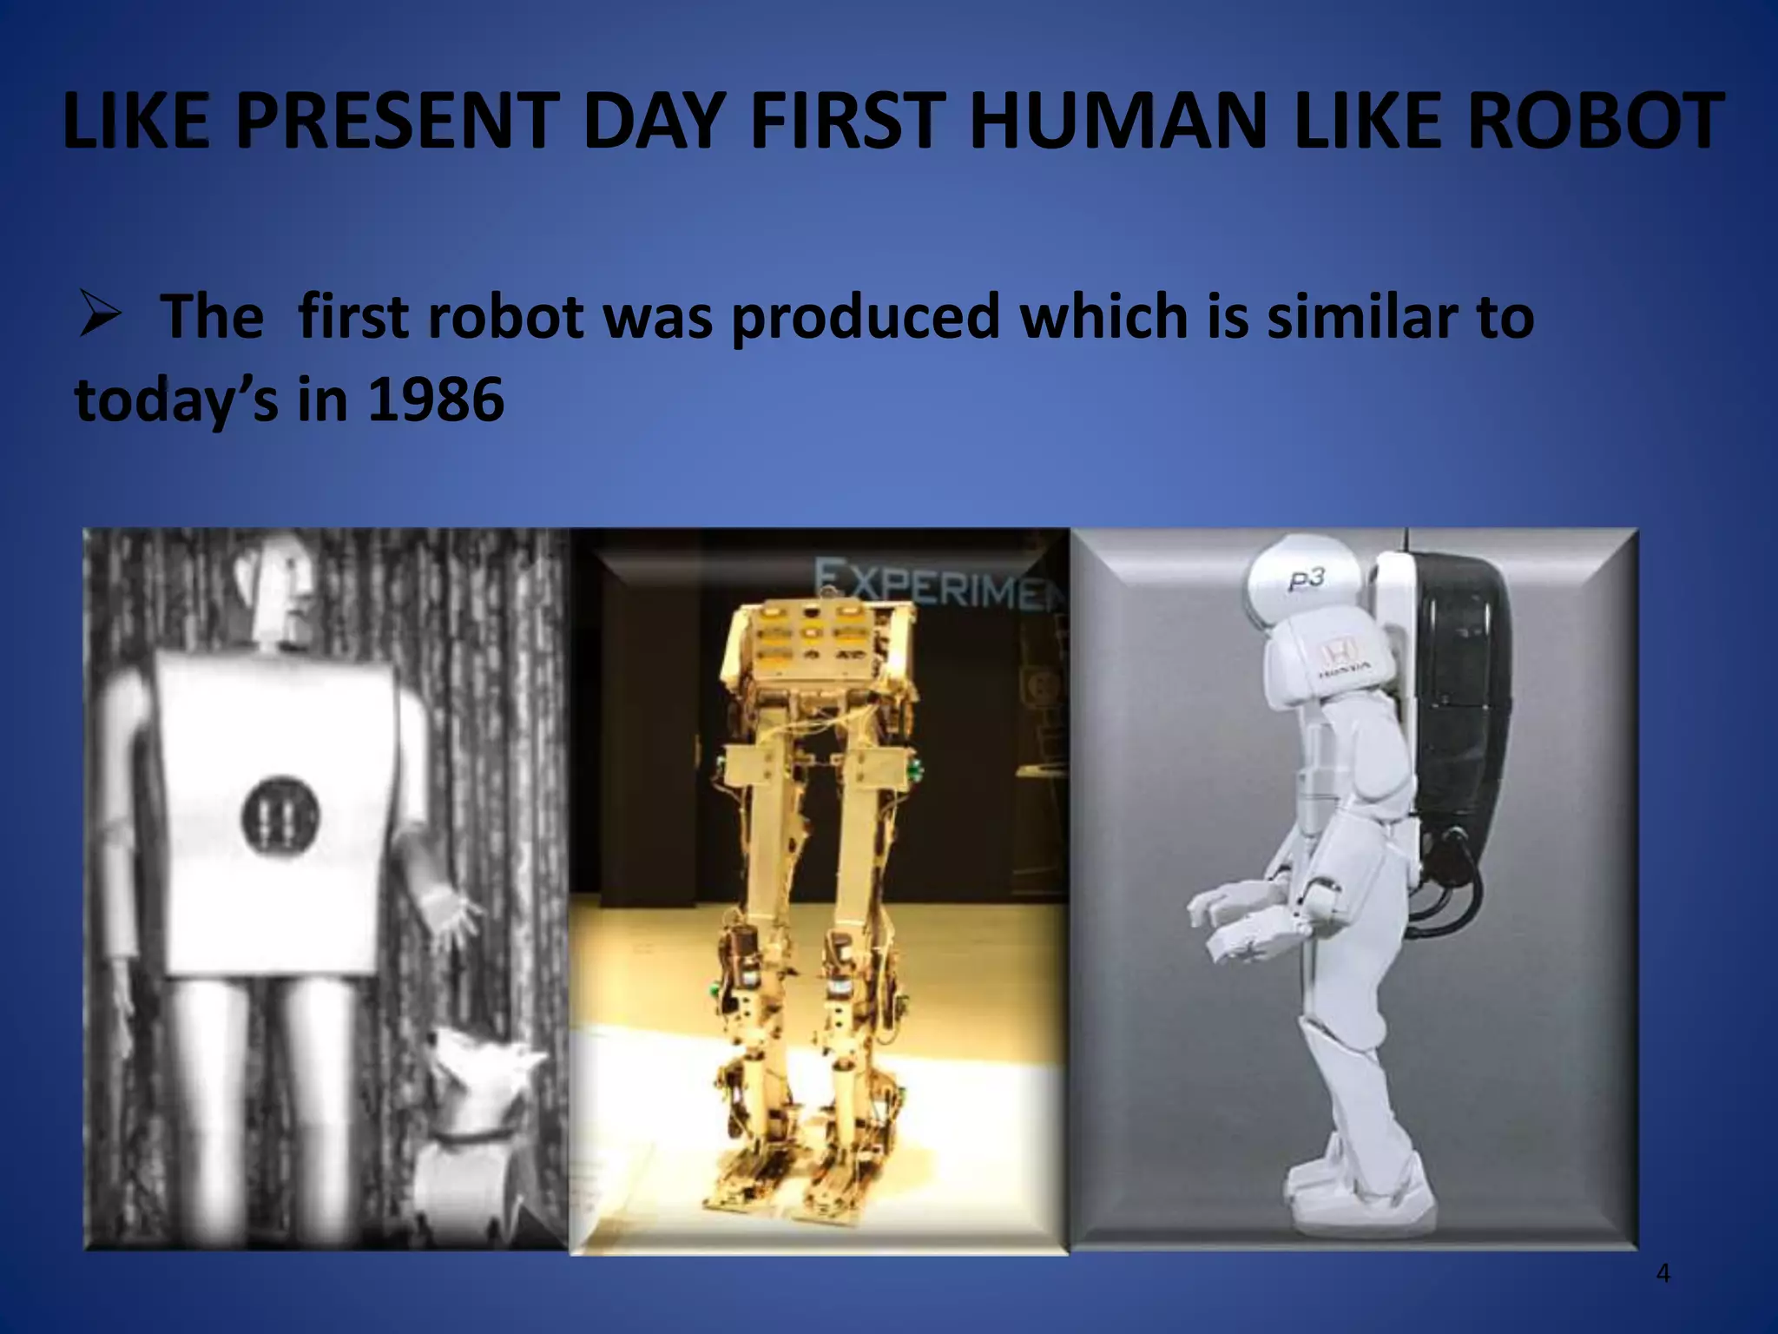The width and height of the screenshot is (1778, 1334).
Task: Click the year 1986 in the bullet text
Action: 436,400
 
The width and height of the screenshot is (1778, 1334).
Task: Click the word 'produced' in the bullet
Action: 865,316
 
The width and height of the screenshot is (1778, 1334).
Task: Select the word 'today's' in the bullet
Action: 176,400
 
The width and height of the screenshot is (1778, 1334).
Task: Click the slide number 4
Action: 1663,1273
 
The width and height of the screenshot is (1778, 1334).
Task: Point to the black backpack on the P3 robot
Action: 1459,695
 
